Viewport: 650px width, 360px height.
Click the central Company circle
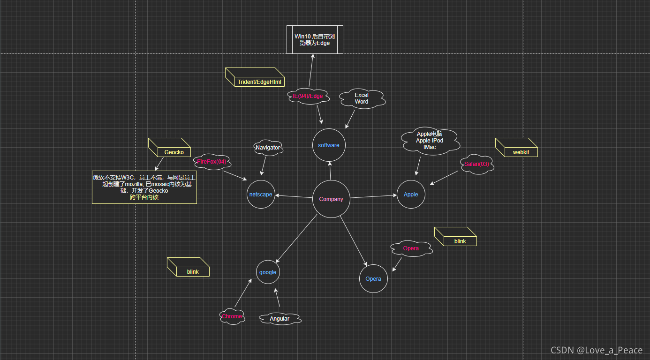click(331, 199)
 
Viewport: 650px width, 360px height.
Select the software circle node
click(328, 145)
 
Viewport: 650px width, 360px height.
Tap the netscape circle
click(261, 195)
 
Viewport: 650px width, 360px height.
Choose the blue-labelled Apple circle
click(411, 195)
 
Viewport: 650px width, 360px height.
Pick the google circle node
click(268, 272)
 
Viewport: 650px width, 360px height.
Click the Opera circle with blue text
click(373, 279)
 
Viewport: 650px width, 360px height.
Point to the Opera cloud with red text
click(411, 248)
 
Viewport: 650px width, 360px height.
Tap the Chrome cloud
click(232, 316)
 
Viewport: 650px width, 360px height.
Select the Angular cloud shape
click(280, 319)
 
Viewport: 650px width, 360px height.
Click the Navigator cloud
click(267, 148)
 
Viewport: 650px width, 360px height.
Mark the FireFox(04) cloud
click(212, 162)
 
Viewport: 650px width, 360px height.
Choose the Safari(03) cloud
click(477, 164)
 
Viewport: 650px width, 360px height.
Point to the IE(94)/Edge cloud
click(308, 96)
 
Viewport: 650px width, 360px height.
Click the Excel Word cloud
click(362, 98)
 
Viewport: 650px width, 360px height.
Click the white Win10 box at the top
click(315, 39)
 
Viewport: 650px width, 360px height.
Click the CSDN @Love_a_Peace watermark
click(596, 350)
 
